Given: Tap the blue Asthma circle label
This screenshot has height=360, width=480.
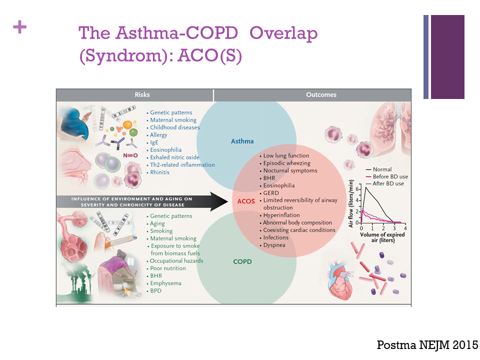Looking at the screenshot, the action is point(242,141).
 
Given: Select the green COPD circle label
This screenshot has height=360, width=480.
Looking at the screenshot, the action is point(242,261).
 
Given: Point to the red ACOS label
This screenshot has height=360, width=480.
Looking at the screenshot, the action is point(246,201).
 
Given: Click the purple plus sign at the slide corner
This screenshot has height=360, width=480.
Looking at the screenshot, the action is point(19,27).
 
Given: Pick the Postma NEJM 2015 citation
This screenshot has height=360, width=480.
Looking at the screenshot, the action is point(427,345).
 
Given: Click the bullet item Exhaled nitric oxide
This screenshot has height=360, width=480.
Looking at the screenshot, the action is point(174,157).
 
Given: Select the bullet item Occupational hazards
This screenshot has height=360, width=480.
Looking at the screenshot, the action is point(176,261).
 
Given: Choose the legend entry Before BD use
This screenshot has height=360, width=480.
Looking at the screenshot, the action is point(387,176).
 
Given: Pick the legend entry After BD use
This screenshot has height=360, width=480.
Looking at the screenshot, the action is point(385,183).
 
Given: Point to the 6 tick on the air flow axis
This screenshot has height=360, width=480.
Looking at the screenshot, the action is point(357,189).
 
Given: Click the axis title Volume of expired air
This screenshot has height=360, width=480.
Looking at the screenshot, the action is point(382,237).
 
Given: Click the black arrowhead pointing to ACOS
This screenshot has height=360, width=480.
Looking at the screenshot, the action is point(219,201).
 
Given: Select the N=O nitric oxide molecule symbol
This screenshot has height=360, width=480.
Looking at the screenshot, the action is point(130,155).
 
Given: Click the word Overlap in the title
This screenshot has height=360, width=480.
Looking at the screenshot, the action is point(283,33).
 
